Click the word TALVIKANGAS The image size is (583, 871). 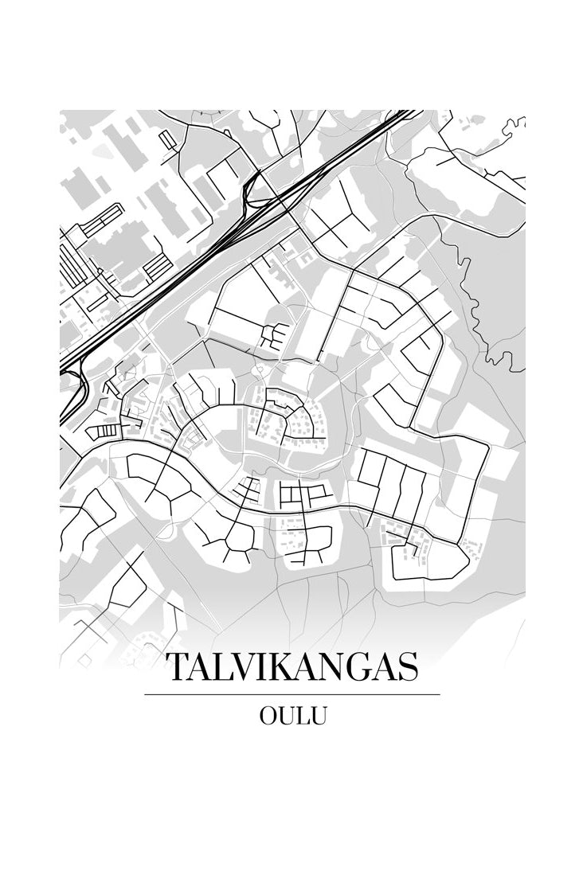[291, 668]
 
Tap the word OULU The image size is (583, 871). [292, 716]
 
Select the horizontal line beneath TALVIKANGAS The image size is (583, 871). [291, 695]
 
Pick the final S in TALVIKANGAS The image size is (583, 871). [407, 668]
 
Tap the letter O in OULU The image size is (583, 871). [268, 716]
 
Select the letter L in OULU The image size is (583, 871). [303, 716]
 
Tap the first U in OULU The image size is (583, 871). [287, 716]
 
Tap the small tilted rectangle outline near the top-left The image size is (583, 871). [167, 140]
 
